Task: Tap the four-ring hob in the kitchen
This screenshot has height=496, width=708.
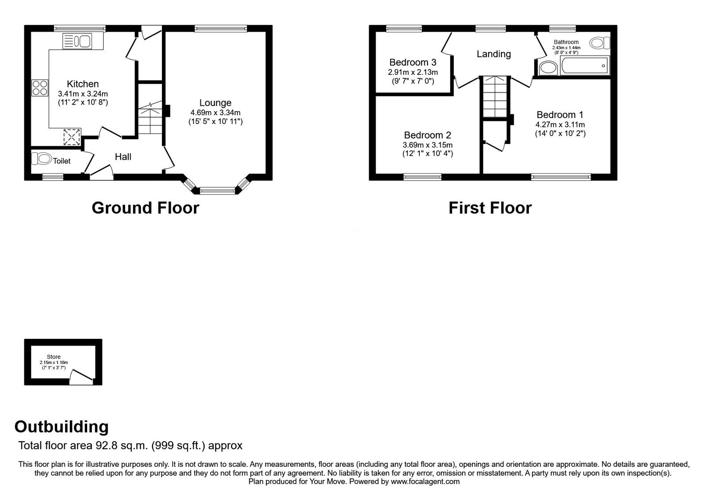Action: pos(39,87)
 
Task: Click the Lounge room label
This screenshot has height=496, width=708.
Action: pos(215,103)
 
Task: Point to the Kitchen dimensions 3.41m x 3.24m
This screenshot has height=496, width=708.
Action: pos(83,94)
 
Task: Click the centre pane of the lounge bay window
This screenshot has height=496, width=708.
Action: pos(217,191)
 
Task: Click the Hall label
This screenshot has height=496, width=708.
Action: pos(123,157)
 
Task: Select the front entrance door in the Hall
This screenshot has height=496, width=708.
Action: pos(101,172)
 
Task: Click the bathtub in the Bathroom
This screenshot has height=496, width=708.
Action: pos(585,66)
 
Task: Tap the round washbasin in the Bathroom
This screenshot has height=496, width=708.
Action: pos(549,68)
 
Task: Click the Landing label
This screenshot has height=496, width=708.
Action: pos(493,54)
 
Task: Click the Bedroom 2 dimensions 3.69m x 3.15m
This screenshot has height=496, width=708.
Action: pos(427,145)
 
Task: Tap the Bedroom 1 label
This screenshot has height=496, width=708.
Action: pos(560,115)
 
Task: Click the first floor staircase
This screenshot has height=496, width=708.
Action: pos(494,96)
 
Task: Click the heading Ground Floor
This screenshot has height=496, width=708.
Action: pos(145,208)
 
